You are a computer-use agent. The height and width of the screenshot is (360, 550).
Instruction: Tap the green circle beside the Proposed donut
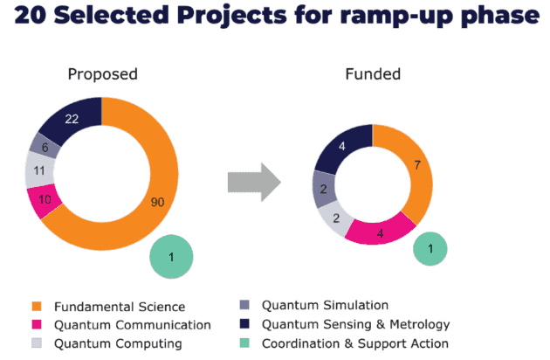tap(171, 256)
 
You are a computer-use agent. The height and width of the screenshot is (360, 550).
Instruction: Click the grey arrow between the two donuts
tap(254, 183)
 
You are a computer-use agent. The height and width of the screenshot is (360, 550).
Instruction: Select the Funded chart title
tap(372, 73)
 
